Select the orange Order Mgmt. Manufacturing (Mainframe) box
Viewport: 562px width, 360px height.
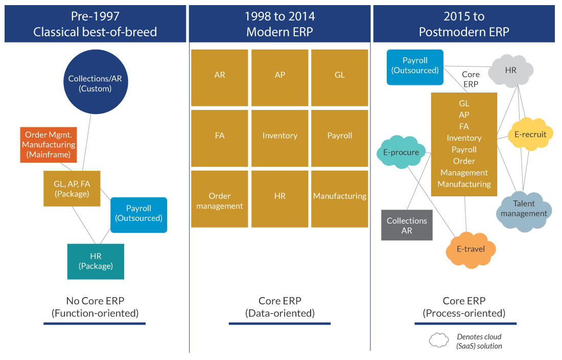pos(49,145)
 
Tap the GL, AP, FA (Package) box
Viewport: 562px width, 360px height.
pos(72,188)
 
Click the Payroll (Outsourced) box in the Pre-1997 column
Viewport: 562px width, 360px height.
pos(138,215)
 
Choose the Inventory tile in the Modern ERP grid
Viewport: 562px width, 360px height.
pos(279,136)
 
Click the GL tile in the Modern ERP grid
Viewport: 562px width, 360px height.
pos(339,75)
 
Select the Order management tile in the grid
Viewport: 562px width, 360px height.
pos(220,200)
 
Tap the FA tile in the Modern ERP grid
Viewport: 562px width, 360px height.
pos(220,136)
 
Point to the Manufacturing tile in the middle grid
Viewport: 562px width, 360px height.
pos(339,196)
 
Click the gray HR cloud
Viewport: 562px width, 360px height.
pos(511,71)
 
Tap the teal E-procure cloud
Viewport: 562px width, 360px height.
pos(401,152)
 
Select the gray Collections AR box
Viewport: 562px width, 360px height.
pos(407,226)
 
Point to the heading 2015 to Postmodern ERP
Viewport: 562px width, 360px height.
pos(464,24)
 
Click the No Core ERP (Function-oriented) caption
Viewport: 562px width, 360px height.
pos(95,307)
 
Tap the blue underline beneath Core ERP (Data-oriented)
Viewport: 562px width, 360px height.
pos(279,323)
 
